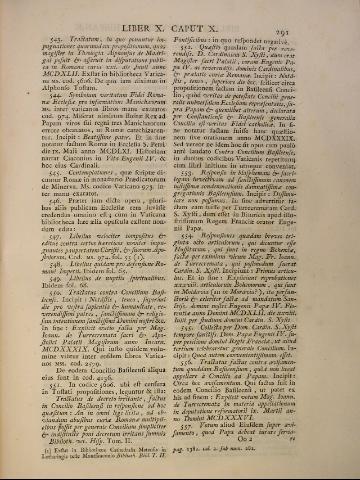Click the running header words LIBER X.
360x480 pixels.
148,13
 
